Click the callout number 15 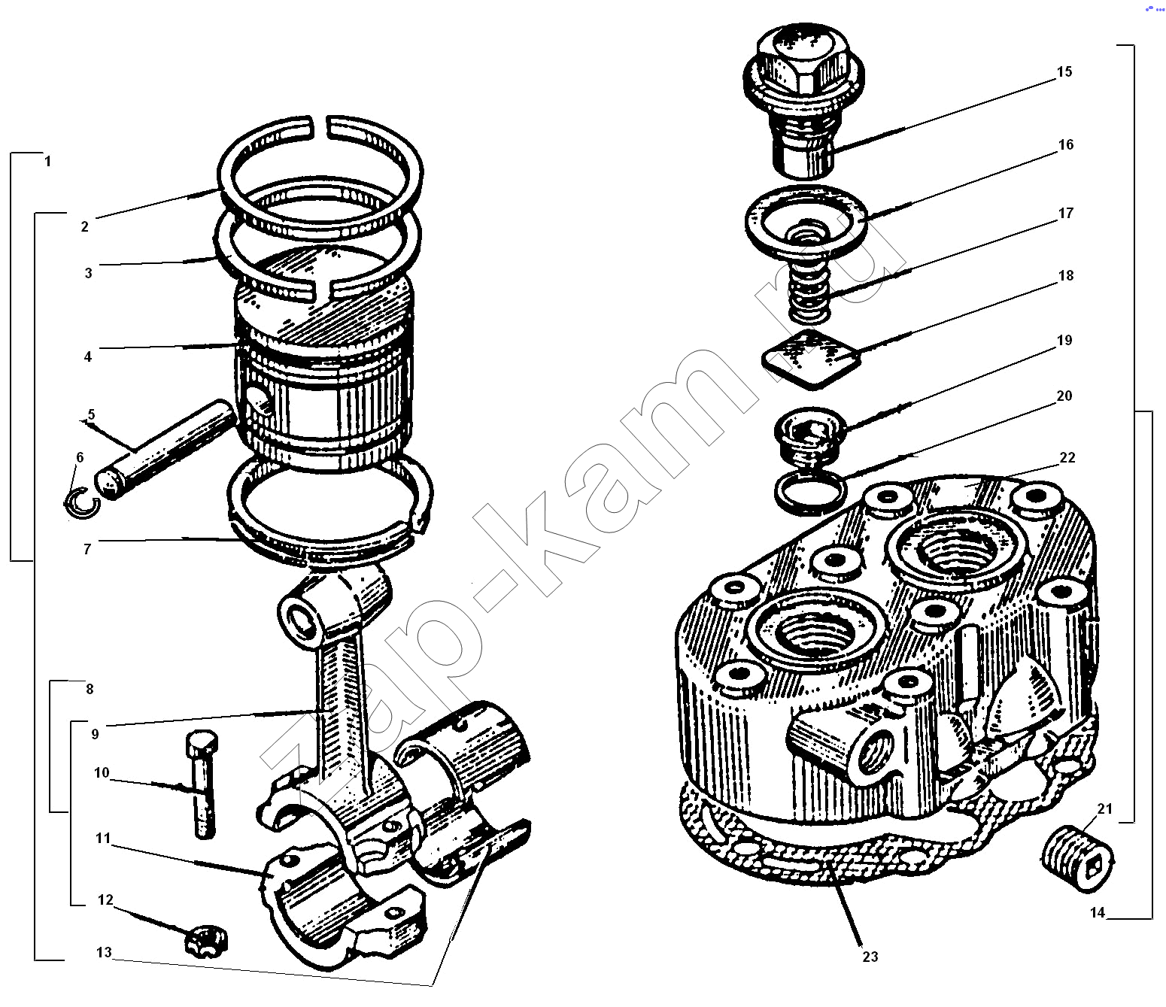1064,71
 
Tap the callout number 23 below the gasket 870,957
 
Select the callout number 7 87,548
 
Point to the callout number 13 104,952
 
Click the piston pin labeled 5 163,449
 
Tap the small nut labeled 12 206,941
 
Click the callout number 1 48,161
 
